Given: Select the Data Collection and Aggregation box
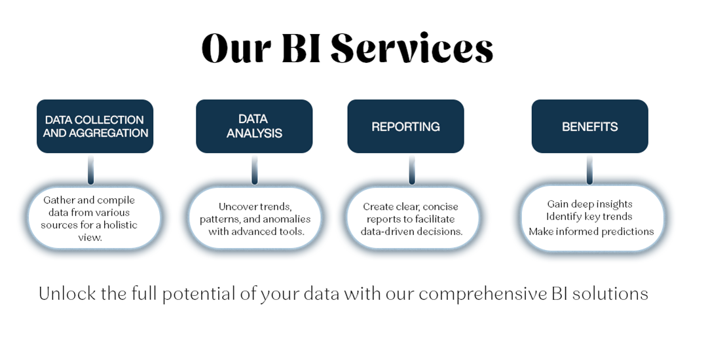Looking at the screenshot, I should click(x=95, y=126).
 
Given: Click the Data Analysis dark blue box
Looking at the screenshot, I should click(x=254, y=126).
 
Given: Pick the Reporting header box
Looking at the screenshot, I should click(x=405, y=126).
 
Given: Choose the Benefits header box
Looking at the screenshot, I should click(x=589, y=126).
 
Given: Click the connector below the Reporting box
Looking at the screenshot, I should click(x=412, y=170).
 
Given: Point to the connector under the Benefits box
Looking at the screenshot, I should click(x=589, y=170).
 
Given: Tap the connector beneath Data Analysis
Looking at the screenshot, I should click(x=254, y=170).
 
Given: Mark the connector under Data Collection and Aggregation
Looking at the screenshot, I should click(x=90, y=170).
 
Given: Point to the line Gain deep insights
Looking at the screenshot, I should click(x=589, y=204).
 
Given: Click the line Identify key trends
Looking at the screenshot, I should click(x=589, y=217).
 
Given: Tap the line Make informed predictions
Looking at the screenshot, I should click(x=591, y=231).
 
